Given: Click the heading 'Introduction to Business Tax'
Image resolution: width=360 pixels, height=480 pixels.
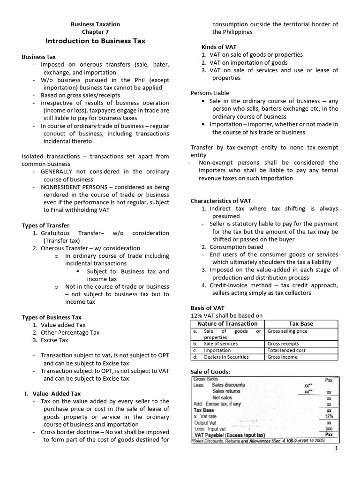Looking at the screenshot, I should tap(95, 41).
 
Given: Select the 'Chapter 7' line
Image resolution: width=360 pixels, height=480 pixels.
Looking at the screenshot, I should tap(95, 32).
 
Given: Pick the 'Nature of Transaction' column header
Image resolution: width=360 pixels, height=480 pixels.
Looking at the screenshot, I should tap(227, 323).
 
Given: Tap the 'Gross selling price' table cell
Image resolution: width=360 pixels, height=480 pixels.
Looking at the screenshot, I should tap(287, 331).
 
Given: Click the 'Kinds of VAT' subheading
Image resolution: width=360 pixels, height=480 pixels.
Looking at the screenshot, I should tap(219, 47).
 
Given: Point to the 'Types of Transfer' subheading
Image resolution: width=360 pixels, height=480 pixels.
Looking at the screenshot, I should tap(45, 225).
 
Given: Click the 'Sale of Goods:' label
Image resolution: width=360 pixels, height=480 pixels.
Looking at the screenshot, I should tap(210, 372).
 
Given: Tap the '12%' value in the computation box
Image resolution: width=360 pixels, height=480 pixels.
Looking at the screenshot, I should tap(329, 416).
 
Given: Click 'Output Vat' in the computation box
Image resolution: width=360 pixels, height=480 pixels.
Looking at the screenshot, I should tap(207, 422).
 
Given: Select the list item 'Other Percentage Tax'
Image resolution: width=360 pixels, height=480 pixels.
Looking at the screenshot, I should tap(70, 332).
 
